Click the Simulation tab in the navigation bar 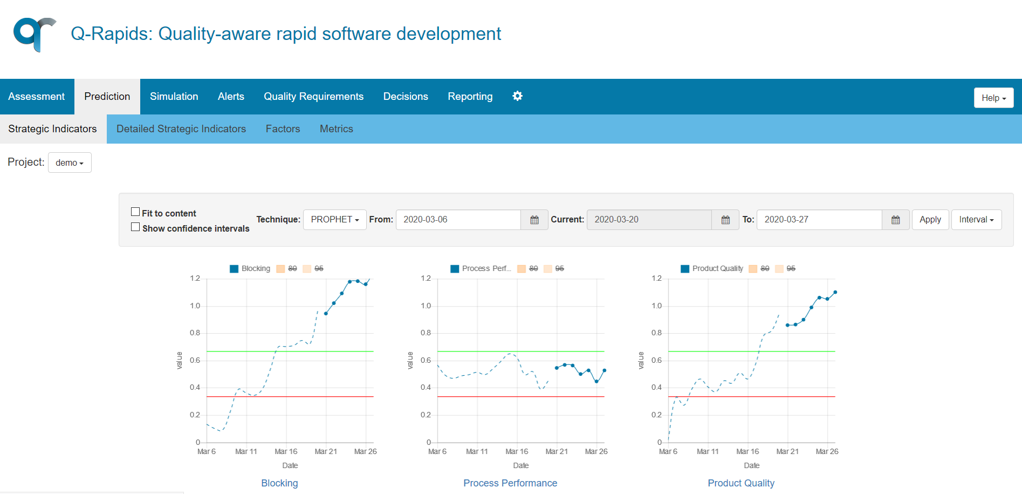pyautogui.click(x=174, y=97)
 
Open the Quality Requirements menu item pyautogui.click(x=313, y=97)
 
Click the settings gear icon pyautogui.click(x=517, y=96)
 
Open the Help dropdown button pyautogui.click(x=993, y=98)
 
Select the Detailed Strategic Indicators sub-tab pyautogui.click(x=181, y=129)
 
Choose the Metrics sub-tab pyautogui.click(x=336, y=129)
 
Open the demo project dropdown pyautogui.click(x=70, y=163)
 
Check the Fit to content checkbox pyautogui.click(x=135, y=212)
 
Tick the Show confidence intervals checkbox pyautogui.click(x=135, y=227)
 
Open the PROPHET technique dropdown pyautogui.click(x=334, y=220)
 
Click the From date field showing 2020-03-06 pyautogui.click(x=458, y=220)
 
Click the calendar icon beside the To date pyautogui.click(x=895, y=220)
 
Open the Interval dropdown pyautogui.click(x=976, y=220)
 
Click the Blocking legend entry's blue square pyautogui.click(x=234, y=269)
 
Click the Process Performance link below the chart pyautogui.click(x=510, y=483)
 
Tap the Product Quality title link pyautogui.click(x=740, y=483)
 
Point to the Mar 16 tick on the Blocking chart pyautogui.click(x=286, y=451)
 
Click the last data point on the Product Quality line pyautogui.click(x=835, y=292)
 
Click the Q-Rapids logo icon pyautogui.click(x=35, y=34)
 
